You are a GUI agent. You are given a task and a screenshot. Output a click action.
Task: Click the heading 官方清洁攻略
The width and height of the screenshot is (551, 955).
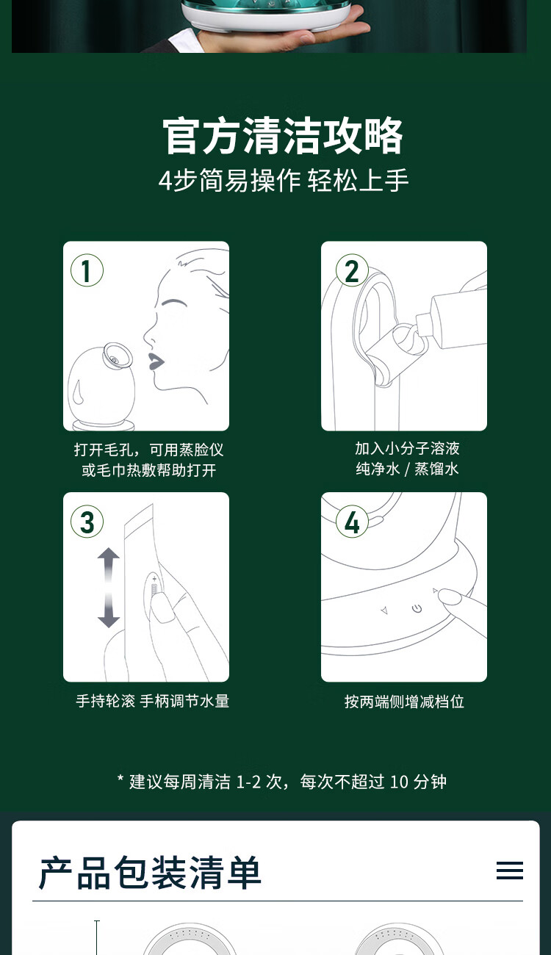(x=283, y=136)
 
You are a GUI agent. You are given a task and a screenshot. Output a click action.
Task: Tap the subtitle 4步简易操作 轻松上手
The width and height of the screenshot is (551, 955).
(x=284, y=180)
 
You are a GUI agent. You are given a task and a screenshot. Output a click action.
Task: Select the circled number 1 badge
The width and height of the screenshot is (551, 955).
(x=87, y=270)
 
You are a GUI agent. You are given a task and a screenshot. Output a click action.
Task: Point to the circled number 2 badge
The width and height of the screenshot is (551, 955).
(x=352, y=270)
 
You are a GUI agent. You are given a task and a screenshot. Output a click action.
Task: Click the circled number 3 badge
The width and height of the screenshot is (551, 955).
(x=87, y=522)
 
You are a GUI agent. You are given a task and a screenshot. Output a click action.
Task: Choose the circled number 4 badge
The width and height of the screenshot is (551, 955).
(x=352, y=522)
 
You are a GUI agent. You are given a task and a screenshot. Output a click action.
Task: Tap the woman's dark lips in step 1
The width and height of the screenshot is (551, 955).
(x=155, y=362)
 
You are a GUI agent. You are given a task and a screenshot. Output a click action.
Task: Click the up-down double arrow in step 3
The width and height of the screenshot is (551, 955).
(x=108, y=588)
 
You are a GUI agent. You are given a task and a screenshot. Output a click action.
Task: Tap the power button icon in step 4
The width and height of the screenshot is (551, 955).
(x=417, y=608)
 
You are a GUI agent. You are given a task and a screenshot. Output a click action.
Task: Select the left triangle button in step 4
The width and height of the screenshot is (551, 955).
(x=384, y=611)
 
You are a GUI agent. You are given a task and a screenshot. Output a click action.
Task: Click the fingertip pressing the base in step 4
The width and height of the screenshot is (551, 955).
(x=449, y=596)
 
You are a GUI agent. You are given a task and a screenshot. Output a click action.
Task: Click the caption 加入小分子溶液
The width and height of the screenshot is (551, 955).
(x=407, y=449)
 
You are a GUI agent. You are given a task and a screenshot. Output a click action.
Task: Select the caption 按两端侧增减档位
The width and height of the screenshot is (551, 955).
(x=404, y=702)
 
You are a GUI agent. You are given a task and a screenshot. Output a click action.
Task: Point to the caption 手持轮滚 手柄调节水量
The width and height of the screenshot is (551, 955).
(x=152, y=701)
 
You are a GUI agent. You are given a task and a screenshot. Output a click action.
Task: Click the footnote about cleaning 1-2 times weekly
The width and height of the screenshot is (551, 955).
(x=282, y=782)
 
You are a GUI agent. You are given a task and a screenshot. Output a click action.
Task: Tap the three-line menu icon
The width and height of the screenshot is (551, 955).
(x=510, y=871)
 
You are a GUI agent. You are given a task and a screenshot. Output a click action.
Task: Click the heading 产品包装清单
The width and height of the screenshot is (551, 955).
(x=150, y=872)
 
